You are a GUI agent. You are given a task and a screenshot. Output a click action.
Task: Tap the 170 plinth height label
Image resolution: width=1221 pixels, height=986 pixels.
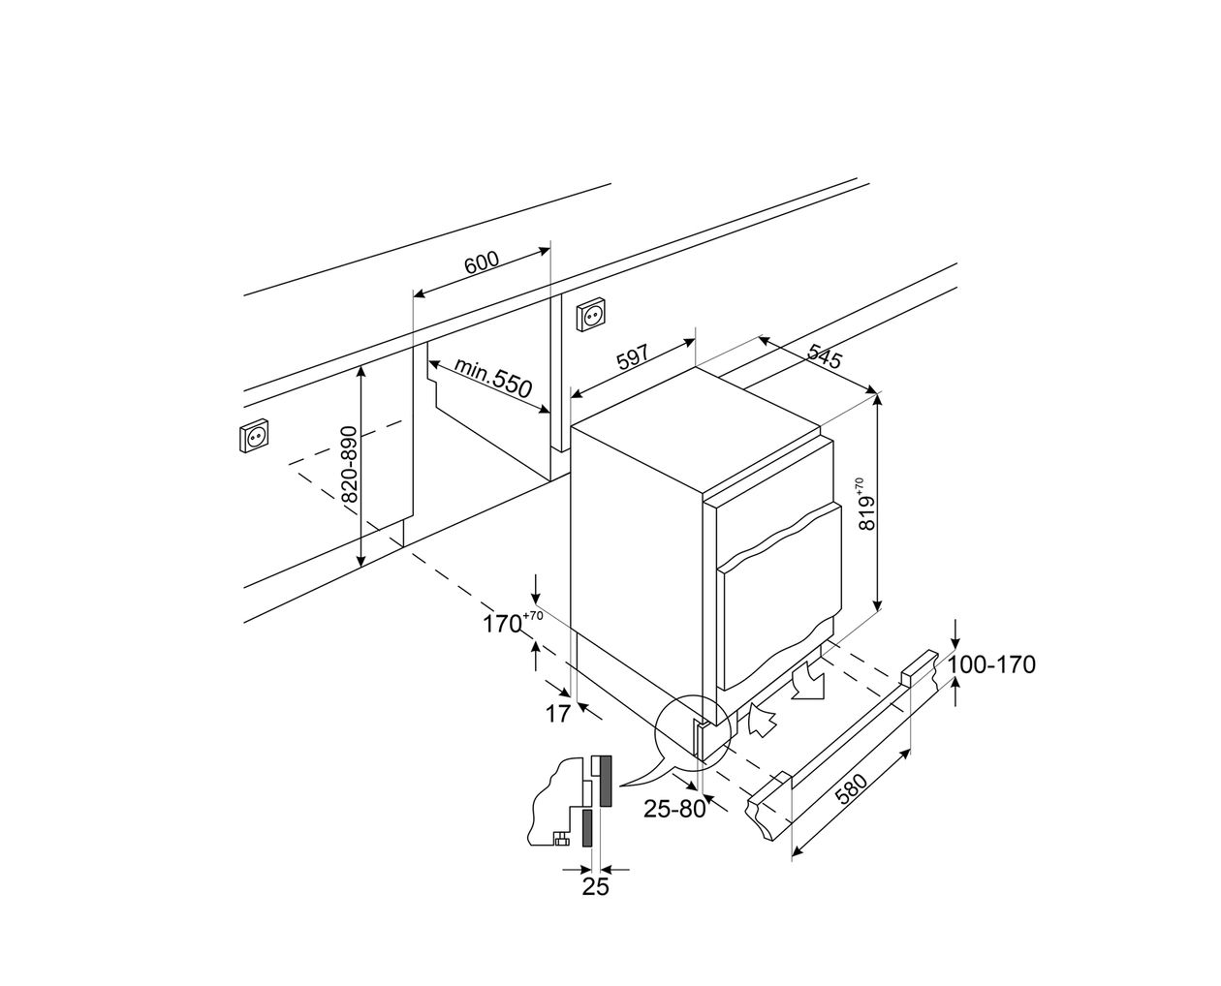click(x=505, y=624)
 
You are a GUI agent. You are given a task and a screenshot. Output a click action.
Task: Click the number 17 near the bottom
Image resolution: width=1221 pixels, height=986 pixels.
click(x=557, y=715)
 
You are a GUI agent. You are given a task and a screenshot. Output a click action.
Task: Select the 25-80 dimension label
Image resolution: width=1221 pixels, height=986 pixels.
click(x=675, y=810)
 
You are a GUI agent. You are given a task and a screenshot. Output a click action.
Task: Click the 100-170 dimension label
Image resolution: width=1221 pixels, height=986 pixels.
click(x=991, y=664)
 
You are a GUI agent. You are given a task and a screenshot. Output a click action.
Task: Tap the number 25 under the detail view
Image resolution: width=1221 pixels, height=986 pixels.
click(x=595, y=886)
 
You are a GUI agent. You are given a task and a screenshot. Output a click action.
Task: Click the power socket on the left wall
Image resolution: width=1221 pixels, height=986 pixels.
click(x=254, y=437)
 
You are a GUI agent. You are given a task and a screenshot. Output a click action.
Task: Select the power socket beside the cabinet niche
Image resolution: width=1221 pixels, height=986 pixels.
click(x=591, y=315)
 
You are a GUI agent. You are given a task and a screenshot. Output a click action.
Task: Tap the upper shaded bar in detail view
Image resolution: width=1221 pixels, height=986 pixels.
click(x=605, y=781)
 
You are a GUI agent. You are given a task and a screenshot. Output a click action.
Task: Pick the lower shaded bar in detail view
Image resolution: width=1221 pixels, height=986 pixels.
click(x=588, y=828)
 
